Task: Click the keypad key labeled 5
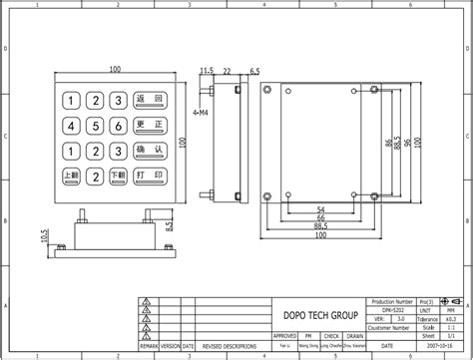click(x=94, y=126)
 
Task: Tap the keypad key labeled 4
click(x=72, y=126)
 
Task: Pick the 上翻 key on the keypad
click(x=72, y=176)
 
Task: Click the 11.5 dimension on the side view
click(x=207, y=70)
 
